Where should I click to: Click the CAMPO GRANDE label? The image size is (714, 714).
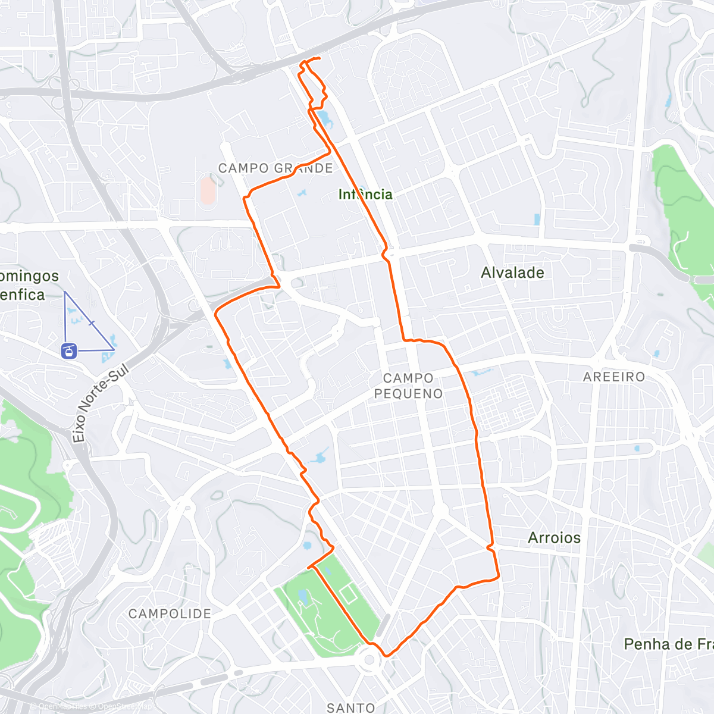point(275,168)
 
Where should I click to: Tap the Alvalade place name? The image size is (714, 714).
point(512,273)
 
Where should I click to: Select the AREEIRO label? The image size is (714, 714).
point(614,377)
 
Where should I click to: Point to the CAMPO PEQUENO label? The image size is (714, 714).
point(408,386)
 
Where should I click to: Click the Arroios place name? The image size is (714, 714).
point(554,538)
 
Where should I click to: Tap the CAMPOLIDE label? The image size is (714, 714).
point(170,613)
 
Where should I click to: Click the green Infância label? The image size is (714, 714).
point(365,194)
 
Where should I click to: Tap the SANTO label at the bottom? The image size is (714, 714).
point(351,707)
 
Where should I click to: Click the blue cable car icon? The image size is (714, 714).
point(69,351)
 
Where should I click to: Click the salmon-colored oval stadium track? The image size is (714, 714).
point(208,189)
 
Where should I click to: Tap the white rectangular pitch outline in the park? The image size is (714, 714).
point(349,593)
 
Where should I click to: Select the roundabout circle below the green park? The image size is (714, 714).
point(369,659)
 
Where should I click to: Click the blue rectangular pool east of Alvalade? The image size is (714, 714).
point(537,219)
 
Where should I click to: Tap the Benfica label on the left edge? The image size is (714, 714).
point(23,295)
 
